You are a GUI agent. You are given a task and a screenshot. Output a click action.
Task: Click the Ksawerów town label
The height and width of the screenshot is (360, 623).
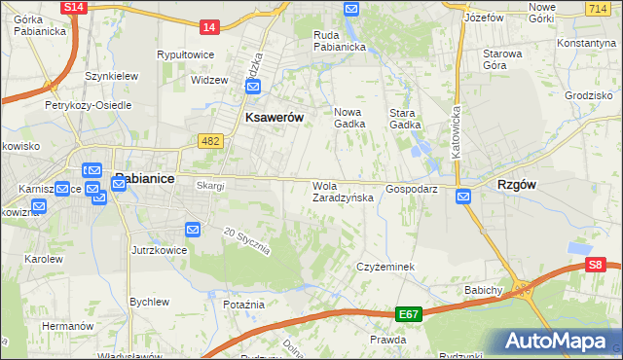point(269,117)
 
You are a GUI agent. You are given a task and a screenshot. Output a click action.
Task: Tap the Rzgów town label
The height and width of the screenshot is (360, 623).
point(519,184)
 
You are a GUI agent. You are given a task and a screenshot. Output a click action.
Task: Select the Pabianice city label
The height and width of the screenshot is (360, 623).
point(146,178)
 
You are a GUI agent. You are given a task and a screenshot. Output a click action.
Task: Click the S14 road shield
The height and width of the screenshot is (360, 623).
point(73,7)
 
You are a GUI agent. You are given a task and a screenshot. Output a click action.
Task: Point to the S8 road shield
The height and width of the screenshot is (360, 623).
point(596,264)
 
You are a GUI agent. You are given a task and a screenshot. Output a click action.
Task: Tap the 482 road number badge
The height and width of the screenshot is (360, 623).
point(210,142)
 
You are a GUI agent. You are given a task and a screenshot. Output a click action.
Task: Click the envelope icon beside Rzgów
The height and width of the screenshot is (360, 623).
point(463,197)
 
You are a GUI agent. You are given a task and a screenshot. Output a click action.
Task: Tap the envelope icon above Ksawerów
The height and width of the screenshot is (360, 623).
point(253,87)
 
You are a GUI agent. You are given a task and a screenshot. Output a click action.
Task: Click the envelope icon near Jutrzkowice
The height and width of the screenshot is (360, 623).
point(193,230)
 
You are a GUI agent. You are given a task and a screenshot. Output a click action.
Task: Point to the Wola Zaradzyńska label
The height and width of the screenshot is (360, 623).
point(342,192)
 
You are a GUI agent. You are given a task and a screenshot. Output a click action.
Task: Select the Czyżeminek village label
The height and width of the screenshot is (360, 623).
point(386,267)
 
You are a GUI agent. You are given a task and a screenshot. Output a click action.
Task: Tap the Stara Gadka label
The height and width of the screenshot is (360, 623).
point(405,118)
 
